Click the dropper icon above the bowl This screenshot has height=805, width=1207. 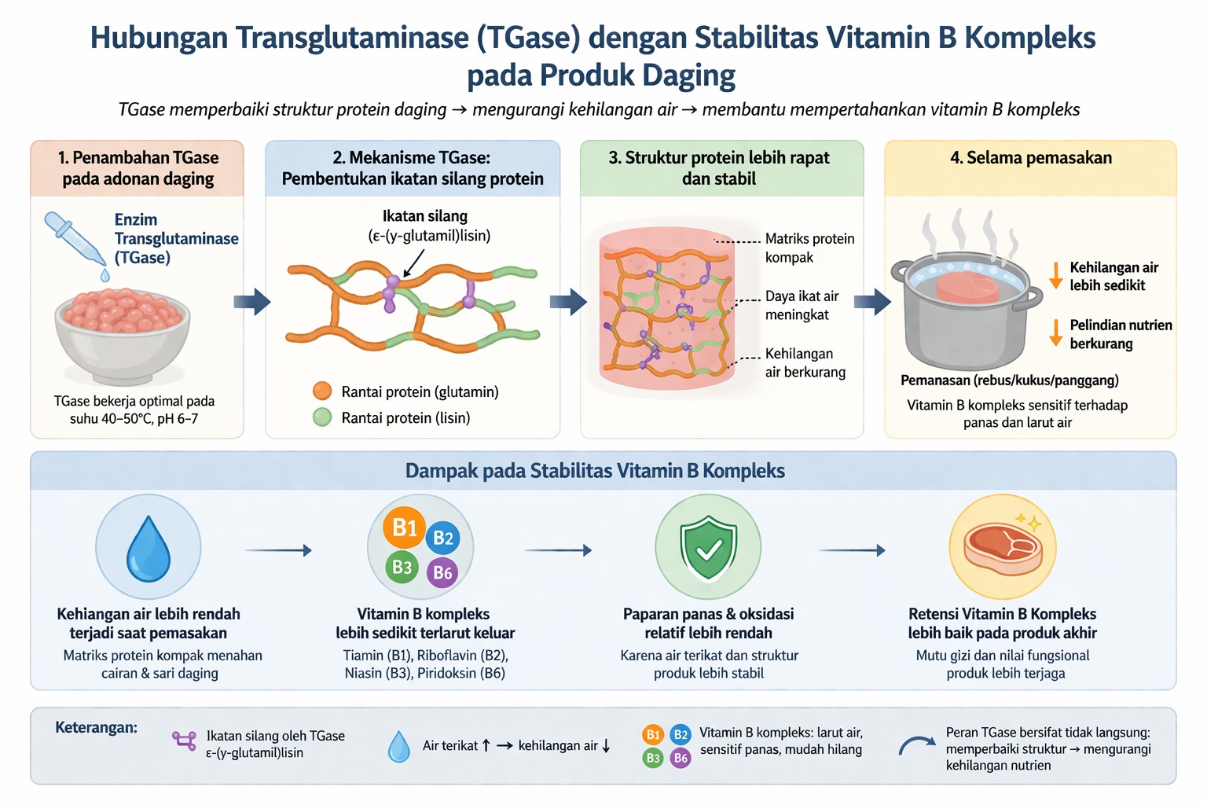(x=75, y=238)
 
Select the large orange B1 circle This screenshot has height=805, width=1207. (x=404, y=527)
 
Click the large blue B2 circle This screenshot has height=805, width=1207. (x=443, y=538)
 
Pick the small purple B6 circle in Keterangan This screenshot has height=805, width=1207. (x=681, y=758)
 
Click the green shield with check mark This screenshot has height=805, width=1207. (x=708, y=548)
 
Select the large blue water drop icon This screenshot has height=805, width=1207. (x=149, y=549)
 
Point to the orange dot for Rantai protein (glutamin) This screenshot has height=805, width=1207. (x=322, y=391)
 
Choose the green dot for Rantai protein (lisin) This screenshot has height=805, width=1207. (x=322, y=417)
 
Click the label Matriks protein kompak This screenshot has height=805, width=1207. (x=809, y=248)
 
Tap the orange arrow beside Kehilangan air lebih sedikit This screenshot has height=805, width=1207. (x=1056, y=275)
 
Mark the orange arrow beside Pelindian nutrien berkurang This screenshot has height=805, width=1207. (x=1056, y=333)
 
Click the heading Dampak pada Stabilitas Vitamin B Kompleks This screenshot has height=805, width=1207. (x=595, y=471)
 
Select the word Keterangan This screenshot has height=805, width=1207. (x=96, y=728)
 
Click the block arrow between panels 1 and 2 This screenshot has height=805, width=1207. (x=252, y=301)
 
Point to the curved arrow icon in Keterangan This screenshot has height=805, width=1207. (x=916, y=745)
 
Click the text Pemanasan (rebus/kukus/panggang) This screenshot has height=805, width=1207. (x=1009, y=380)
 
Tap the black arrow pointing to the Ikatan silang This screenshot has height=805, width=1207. (x=413, y=262)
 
